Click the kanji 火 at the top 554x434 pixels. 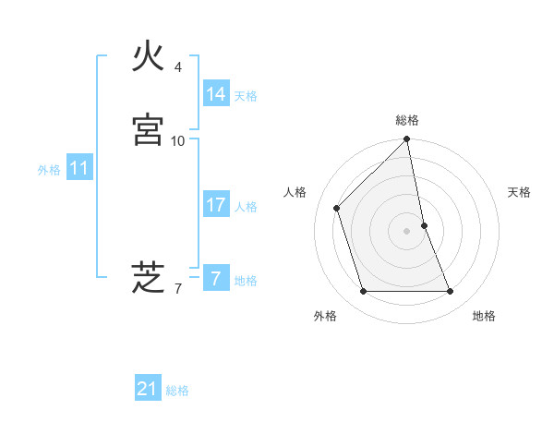click(x=149, y=58)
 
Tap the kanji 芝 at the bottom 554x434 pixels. click(x=149, y=277)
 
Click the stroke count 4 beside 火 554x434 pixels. click(x=178, y=67)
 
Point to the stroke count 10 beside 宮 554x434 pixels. click(x=177, y=140)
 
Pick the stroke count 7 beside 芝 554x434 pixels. click(x=177, y=289)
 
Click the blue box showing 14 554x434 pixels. click(x=215, y=93)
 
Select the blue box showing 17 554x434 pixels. click(x=215, y=205)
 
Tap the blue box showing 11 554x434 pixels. click(x=78, y=168)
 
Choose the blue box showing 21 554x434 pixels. click(x=147, y=389)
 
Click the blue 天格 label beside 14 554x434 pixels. click(x=245, y=95)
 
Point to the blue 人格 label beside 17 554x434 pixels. click(x=246, y=207)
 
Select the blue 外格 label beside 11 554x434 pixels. click(x=49, y=170)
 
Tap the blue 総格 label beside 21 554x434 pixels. click(x=177, y=391)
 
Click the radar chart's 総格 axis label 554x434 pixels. click(x=407, y=120)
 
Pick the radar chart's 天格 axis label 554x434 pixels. click(x=520, y=192)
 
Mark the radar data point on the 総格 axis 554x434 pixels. click(x=407, y=140)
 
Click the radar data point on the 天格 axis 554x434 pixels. click(x=424, y=225)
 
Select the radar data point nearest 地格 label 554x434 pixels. click(x=451, y=292)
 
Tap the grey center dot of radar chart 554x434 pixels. click(x=407, y=231)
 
